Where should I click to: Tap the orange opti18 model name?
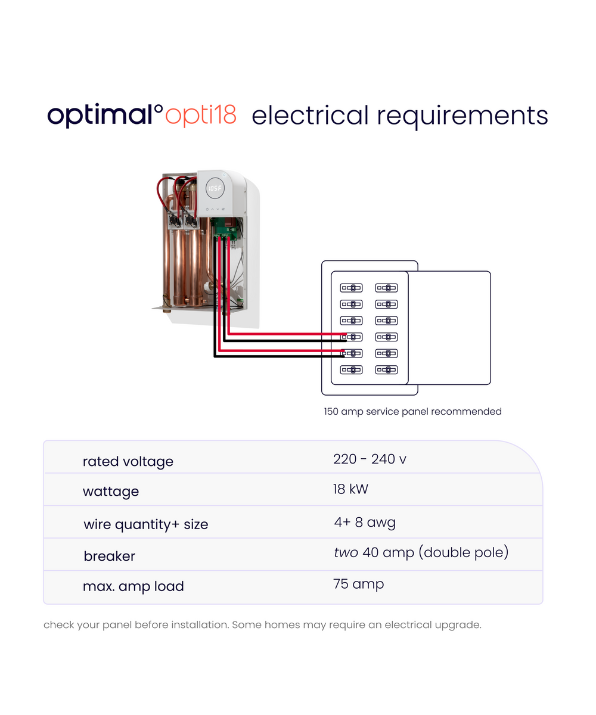(201, 115)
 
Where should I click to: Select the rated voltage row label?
(128, 462)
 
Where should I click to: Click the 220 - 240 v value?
(370, 459)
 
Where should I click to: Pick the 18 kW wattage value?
(350, 490)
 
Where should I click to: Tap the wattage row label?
(110, 492)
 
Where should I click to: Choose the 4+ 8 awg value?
(365, 523)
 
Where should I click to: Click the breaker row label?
(109, 556)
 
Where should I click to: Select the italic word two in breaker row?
(346, 553)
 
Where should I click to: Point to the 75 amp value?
(358, 584)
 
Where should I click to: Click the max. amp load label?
(133, 586)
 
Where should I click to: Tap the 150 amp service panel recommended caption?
(412, 412)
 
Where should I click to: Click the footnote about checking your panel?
(262, 626)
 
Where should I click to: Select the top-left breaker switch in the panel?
(351, 288)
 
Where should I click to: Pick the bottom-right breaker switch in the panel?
(386, 370)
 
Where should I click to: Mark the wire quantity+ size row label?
(145, 524)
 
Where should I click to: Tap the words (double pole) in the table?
(464, 553)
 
